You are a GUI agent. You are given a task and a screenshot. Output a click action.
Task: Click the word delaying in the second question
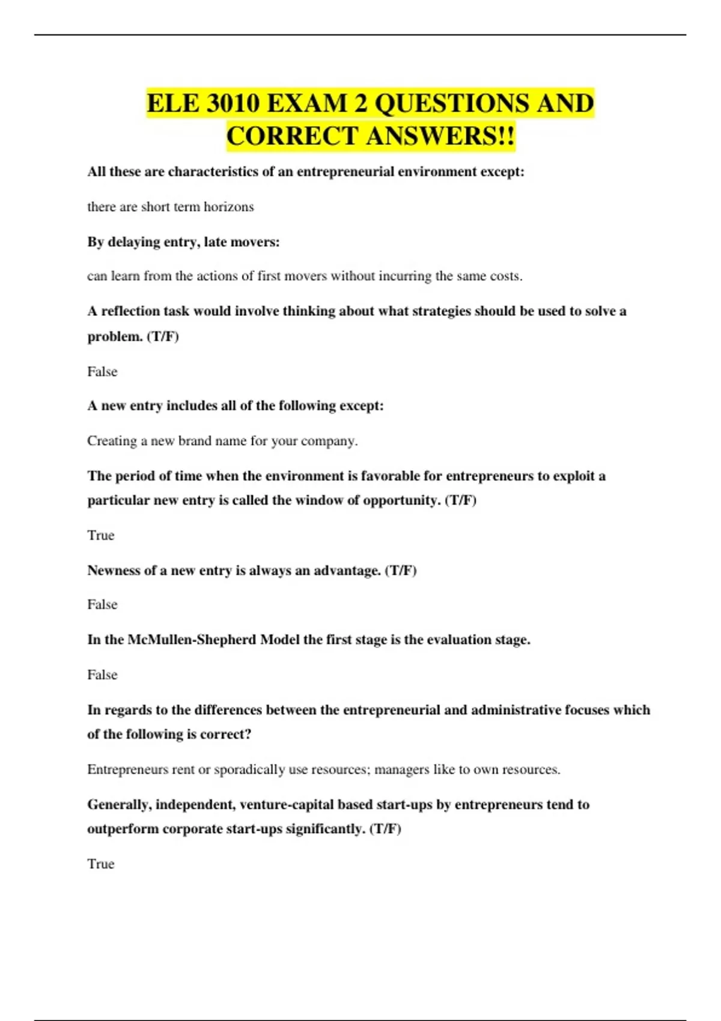pyautogui.click(x=133, y=242)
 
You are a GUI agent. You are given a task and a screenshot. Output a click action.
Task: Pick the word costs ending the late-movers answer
pyautogui.click(x=506, y=276)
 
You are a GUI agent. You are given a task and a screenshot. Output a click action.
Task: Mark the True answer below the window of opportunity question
pyautogui.click(x=100, y=535)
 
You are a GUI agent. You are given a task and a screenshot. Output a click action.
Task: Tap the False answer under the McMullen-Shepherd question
pyautogui.click(x=102, y=675)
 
